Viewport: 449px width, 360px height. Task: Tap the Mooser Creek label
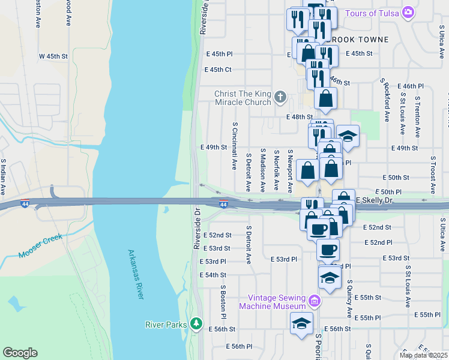click(40, 247)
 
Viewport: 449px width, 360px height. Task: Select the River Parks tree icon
click(196, 325)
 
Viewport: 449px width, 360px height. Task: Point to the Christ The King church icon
click(280, 97)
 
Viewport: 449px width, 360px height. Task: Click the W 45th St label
click(54, 56)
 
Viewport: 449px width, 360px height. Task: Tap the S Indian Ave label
click(4, 176)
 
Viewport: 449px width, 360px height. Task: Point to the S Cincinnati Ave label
click(234, 143)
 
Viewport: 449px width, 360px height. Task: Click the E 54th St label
click(214, 275)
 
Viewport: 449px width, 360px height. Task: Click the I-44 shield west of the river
click(25, 204)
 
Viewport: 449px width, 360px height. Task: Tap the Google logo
click(20, 353)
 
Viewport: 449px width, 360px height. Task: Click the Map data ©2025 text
click(423, 355)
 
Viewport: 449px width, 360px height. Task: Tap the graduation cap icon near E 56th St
click(301, 325)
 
